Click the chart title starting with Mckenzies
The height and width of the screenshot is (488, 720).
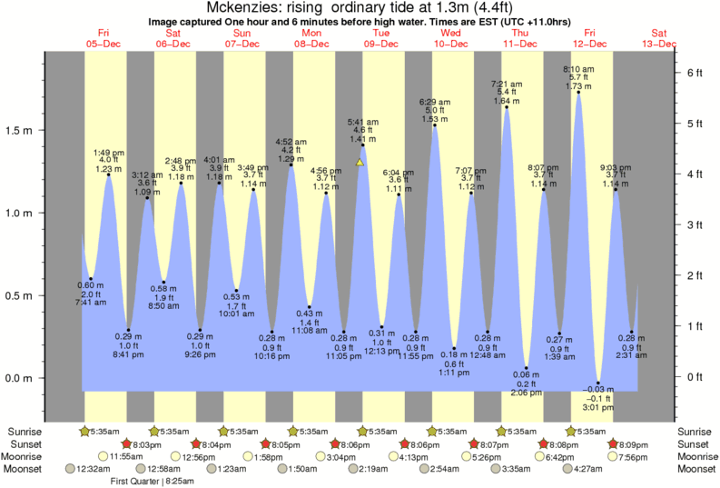(360, 7)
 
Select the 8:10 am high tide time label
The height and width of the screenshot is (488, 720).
(578, 69)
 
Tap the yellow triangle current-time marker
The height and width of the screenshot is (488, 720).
(360, 163)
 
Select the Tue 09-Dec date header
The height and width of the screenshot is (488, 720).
(380, 37)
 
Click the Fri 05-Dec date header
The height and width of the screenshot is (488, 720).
(103, 37)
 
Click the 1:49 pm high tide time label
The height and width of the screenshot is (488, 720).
(109, 152)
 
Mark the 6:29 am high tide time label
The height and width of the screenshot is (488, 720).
(435, 101)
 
